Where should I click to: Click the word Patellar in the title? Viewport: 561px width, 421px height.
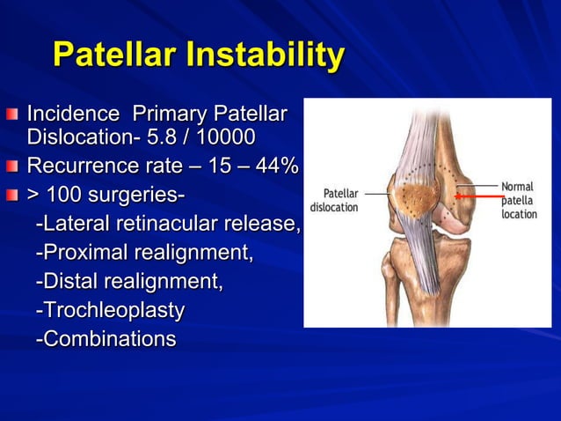[x=113, y=55]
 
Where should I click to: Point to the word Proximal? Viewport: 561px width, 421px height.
[x=81, y=253]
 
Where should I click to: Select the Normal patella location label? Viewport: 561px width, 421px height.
[x=519, y=200]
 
